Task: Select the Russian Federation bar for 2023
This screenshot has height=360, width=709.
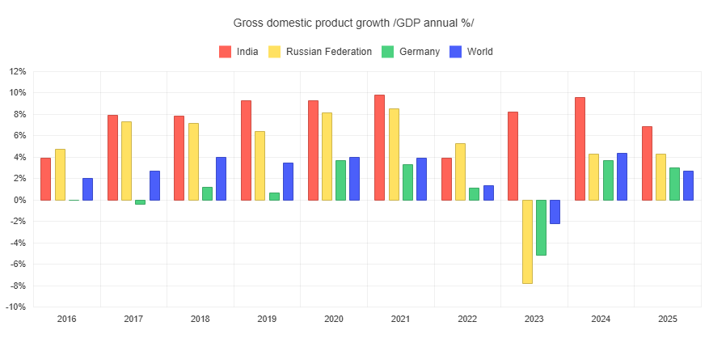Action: [527, 241]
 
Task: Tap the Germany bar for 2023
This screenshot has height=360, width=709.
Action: [541, 227]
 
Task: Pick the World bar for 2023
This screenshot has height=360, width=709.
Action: [555, 211]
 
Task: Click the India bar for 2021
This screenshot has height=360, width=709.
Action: [379, 147]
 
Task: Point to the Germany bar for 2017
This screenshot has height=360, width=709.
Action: [140, 202]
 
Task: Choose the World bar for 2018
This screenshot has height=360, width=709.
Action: [221, 179]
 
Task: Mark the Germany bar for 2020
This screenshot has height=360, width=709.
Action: [340, 180]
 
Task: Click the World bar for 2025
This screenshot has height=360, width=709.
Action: [688, 185]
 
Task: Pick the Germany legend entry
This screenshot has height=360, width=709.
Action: [410, 52]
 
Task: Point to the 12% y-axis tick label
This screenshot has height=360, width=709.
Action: [17, 71]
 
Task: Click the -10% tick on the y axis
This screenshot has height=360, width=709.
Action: [16, 307]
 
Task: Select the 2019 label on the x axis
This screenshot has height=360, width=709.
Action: [267, 320]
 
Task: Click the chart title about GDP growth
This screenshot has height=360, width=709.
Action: [354, 23]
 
